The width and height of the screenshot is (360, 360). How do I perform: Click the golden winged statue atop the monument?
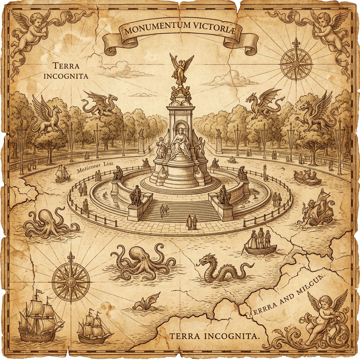tap(181, 69)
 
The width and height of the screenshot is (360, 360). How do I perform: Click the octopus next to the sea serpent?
tap(141, 262)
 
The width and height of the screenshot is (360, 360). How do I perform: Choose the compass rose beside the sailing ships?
tap(71, 280)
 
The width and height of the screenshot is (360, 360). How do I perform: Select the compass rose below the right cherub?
tap(296, 63)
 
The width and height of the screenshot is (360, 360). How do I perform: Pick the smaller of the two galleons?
tap(93, 329)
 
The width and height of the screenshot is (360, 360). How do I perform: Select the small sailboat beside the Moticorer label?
tap(63, 173)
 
